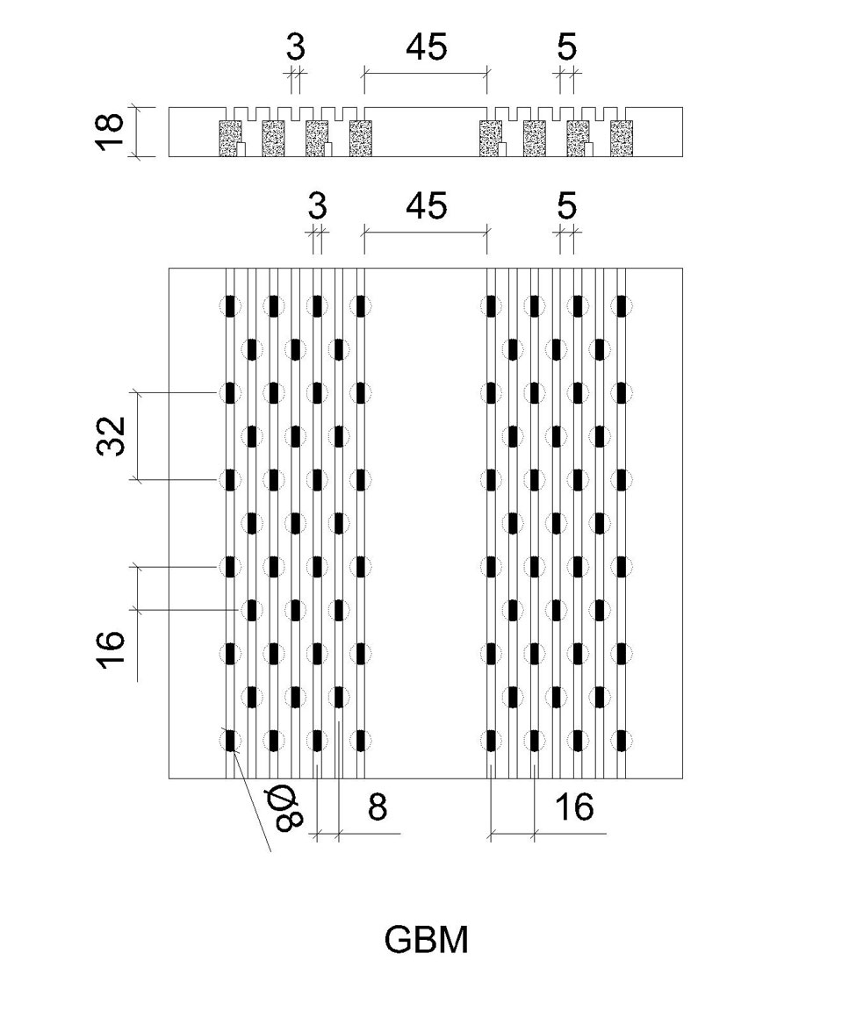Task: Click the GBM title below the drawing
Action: click(x=426, y=940)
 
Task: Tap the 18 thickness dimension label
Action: click(x=110, y=132)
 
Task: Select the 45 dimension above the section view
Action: click(x=426, y=47)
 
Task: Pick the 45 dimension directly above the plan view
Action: click(x=426, y=206)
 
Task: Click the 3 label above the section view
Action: click(x=296, y=47)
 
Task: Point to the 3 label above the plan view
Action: click(x=317, y=206)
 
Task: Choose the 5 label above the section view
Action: click(x=566, y=47)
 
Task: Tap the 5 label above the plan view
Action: click(x=566, y=206)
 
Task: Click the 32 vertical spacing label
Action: click(x=111, y=436)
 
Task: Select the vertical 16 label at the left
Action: click(x=111, y=649)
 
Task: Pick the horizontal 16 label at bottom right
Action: click(x=574, y=807)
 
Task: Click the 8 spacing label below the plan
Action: click(x=378, y=807)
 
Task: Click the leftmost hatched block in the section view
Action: click(x=230, y=138)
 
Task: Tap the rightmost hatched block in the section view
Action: click(x=622, y=138)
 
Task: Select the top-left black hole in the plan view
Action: click(x=230, y=305)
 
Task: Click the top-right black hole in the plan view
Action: click(x=622, y=305)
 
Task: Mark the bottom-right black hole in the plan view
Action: click(x=622, y=741)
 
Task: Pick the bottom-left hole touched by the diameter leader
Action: click(x=230, y=741)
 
